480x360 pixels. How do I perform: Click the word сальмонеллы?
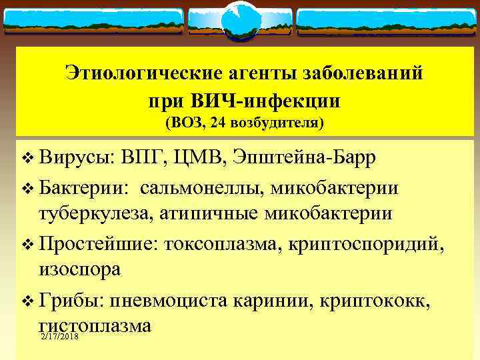click(201, 187)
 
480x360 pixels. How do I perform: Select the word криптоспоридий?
click(367, 243)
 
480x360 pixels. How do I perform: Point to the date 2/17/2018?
click(59, 340)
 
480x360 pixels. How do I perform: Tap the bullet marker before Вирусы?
click(26, 159)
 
